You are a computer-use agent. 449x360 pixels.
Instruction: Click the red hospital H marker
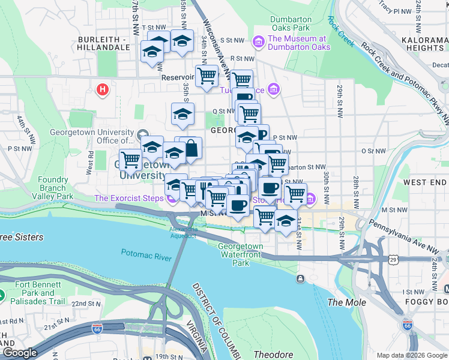coord(103,90)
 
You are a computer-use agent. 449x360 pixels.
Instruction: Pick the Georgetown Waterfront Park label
coord(241,254)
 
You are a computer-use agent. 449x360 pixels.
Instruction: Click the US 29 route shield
coord(393,259)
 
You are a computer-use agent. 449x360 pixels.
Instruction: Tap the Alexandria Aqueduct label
coord(184,233)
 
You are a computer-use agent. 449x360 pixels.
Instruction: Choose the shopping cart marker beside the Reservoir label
coord(206,76)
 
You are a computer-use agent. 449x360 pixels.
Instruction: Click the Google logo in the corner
coord(20,353)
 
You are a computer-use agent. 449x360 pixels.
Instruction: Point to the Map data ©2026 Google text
coord(411,355)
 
